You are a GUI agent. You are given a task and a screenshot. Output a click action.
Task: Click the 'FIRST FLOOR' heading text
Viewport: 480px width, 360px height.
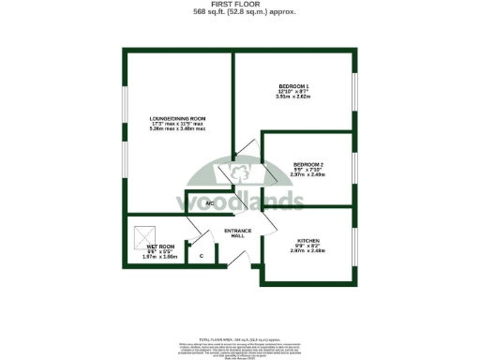click(x=240, y=4)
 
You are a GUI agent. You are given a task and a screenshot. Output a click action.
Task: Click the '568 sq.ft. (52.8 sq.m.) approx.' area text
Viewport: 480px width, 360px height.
click(x=240, y=12)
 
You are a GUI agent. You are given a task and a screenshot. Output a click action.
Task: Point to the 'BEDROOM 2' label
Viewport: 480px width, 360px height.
click(x=307, y=163)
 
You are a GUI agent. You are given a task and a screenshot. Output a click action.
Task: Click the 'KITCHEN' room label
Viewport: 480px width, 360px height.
click(x=307, y=239)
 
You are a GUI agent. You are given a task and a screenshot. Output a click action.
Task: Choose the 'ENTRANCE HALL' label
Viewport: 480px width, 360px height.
click(x=232, y=233)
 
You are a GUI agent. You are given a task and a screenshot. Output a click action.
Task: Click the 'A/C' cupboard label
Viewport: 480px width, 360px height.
click(x=210, y=203)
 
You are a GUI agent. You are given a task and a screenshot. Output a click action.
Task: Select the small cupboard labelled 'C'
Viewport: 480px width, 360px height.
click(x=202, y=254)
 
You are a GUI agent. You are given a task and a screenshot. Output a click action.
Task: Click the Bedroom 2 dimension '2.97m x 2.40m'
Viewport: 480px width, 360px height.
click(x=307, y=174)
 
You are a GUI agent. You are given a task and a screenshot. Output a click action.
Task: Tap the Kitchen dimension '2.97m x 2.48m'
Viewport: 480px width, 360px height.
click(x=307, y=250)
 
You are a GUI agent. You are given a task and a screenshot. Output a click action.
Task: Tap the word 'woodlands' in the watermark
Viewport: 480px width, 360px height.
click(x=240, y=201)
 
